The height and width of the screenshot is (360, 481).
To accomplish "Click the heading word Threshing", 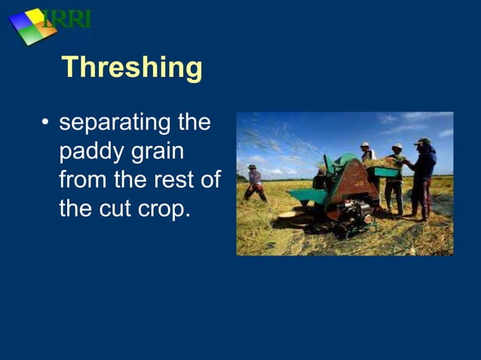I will click(x=132, y=68).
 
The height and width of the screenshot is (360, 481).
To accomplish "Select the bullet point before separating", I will click(x=46, y=123).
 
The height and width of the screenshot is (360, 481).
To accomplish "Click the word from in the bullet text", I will click(x=84, y=180).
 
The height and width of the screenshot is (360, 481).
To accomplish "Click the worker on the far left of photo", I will click(x=255, y=183).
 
